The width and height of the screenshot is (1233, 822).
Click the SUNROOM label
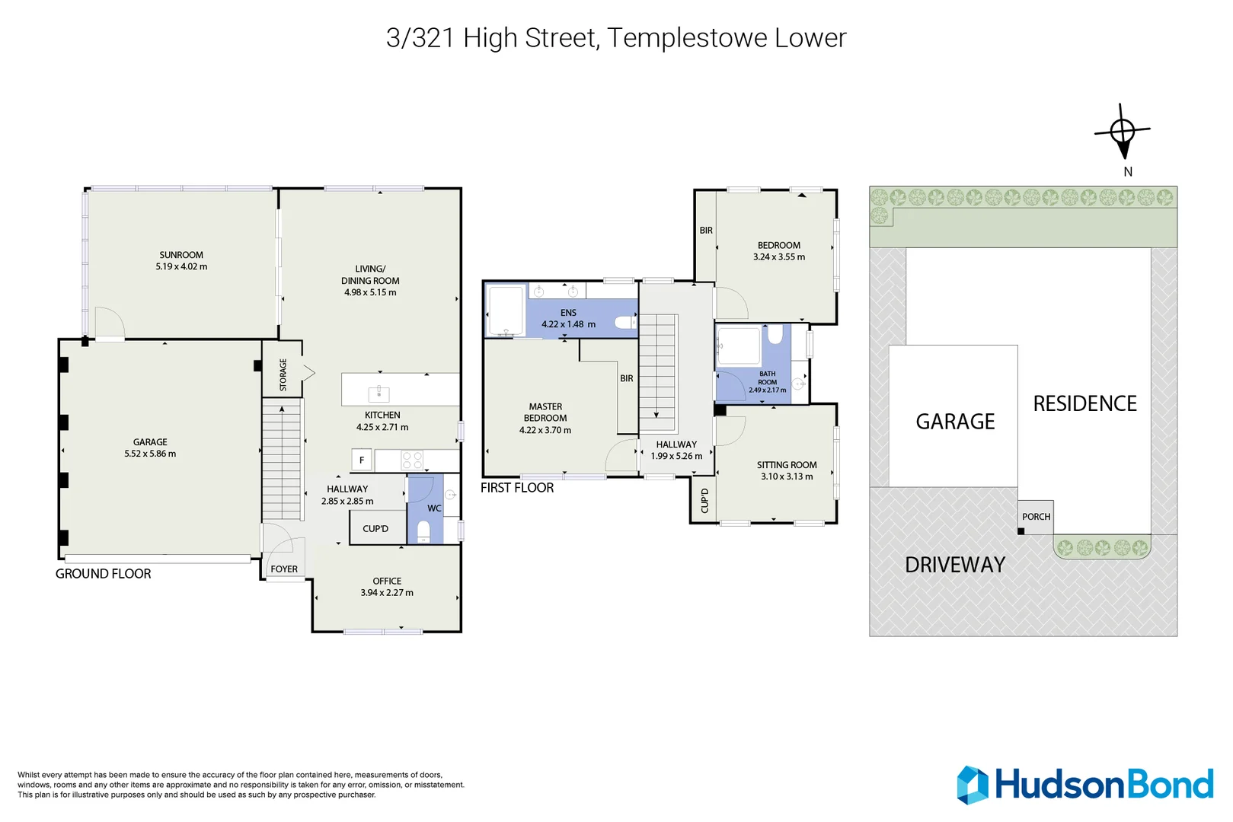181,255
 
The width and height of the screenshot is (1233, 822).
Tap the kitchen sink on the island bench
379,393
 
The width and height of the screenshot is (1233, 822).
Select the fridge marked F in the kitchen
362,460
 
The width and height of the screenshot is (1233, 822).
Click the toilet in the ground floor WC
424,531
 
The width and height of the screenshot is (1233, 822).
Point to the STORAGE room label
283,374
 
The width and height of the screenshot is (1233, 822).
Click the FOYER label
284,569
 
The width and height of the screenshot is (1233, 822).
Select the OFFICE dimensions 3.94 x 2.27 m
387,593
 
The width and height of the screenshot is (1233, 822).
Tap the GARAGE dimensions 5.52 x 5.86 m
150,454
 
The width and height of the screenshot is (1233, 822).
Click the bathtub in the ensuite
506,311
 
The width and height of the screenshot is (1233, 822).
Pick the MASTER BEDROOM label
545,413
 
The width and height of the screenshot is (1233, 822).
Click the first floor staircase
657,373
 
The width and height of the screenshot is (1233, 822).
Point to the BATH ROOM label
767,378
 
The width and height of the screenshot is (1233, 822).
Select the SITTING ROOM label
787,465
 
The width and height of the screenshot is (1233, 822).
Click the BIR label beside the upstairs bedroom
706,231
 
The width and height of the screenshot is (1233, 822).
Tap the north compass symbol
1123,132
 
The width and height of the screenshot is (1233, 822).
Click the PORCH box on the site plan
1036,517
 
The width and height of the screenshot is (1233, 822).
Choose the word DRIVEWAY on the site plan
955,565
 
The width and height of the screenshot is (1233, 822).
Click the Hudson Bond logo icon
973,785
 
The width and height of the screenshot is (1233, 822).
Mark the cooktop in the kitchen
412,460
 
